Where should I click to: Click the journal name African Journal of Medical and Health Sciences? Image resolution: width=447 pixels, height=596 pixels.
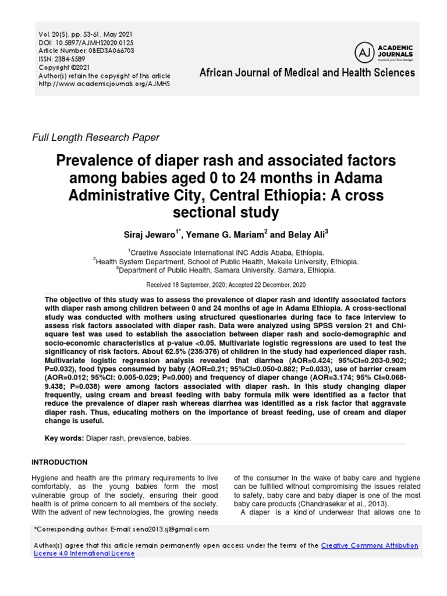pyautogui.click(x=307, y=73)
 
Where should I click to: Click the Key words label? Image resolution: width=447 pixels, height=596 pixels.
pyautogui.click(x=64, y=437)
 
